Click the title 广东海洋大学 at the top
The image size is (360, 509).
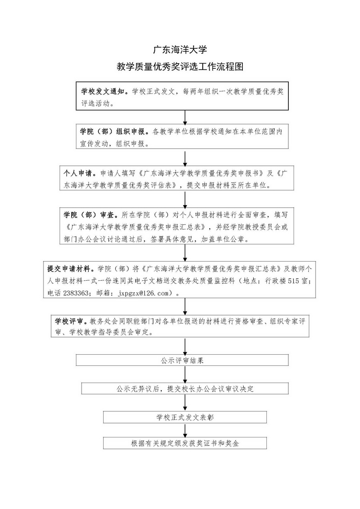pos(180,50)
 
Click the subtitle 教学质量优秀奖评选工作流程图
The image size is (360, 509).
pos(180,66)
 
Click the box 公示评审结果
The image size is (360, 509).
pos(182,360)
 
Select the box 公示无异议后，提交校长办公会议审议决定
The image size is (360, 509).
pos(185,389)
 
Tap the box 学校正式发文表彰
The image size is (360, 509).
pos(185,417)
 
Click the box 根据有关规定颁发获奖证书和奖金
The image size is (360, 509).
pos(185,443)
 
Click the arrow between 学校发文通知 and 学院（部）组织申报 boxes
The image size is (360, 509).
pos(185,118)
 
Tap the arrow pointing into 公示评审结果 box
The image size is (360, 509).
pos(185,346)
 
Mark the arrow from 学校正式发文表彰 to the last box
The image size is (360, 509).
pos(185,430)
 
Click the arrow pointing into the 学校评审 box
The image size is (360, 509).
pos(185,306)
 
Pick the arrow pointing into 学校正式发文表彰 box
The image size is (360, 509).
pos(185,403)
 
